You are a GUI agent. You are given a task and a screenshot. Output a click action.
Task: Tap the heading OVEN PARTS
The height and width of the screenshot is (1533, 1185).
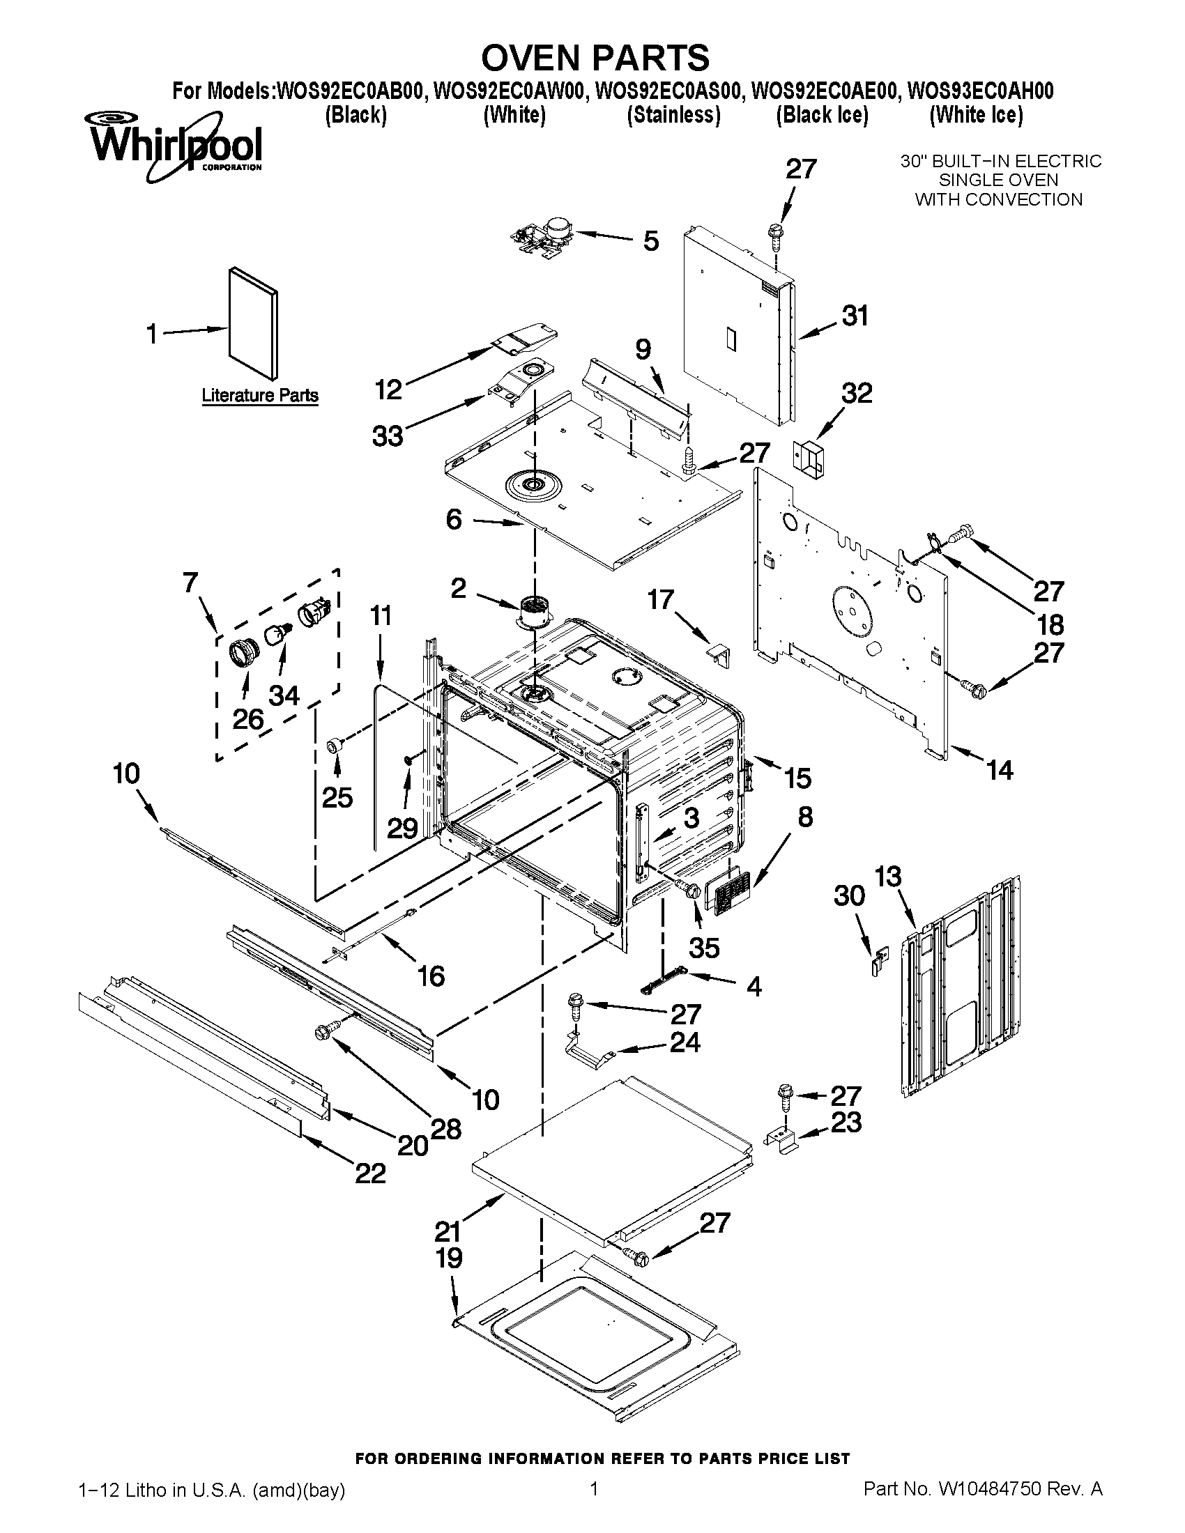point(595,57)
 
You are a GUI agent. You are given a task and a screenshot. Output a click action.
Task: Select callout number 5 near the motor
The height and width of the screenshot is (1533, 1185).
point(651,242)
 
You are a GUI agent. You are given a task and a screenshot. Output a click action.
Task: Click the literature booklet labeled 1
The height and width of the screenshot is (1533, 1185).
point(253,323)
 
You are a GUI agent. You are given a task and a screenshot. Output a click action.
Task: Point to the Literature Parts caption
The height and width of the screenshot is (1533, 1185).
point(260,396)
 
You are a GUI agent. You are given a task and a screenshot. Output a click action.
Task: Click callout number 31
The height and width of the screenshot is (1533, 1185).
point(855,316)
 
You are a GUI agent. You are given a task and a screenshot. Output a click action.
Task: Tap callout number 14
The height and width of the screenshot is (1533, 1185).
point(999,770)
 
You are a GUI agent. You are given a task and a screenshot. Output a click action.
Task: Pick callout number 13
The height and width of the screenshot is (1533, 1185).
point(887,877)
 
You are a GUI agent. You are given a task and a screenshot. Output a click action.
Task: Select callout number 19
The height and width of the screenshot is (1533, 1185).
point(450,1258)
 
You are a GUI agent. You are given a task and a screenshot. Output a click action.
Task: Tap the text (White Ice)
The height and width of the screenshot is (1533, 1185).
point(976,115)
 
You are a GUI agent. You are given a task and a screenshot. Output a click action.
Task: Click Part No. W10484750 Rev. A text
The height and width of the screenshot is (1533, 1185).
point(983,1506)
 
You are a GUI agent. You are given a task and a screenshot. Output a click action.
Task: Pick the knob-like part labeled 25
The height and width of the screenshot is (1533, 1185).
point(335,745)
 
